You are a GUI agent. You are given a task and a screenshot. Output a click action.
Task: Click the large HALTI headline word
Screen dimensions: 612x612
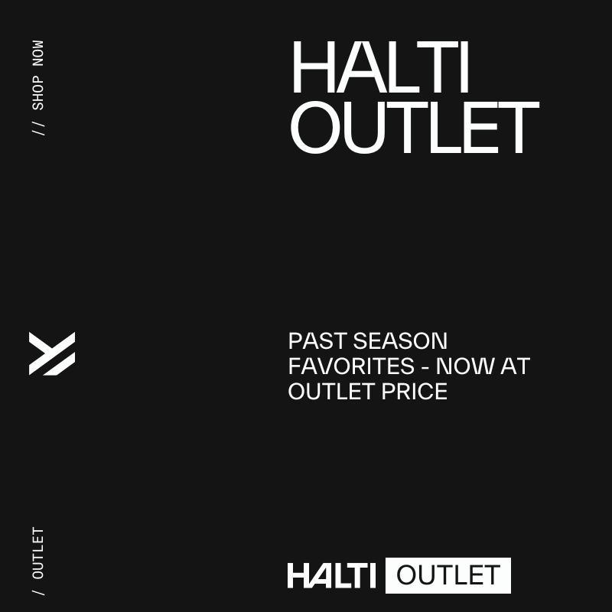(379, 69)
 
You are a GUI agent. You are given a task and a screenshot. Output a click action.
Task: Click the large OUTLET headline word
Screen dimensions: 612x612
(414, 128)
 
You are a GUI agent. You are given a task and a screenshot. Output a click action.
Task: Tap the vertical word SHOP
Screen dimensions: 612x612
(38, 91)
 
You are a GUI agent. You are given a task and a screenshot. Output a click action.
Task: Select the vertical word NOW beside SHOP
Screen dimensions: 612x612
(38, 53)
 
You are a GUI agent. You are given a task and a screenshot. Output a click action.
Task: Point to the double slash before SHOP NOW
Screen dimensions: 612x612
(38, 127)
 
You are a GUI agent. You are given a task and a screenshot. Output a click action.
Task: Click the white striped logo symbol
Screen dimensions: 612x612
(52, 353)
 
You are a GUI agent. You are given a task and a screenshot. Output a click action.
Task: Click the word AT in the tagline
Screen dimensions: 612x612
(515, 366)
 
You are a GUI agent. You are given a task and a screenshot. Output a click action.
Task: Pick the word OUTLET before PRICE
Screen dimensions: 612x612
(330, 391)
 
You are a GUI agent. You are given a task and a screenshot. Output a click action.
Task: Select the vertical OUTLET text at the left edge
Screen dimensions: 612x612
(38, 552)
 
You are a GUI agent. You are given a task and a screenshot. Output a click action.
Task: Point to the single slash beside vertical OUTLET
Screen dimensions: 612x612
(38, 591)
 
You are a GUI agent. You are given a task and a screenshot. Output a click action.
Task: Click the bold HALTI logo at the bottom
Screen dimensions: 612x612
(331, 575)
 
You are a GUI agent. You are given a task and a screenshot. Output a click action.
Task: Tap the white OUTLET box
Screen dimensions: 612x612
(448, 575)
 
